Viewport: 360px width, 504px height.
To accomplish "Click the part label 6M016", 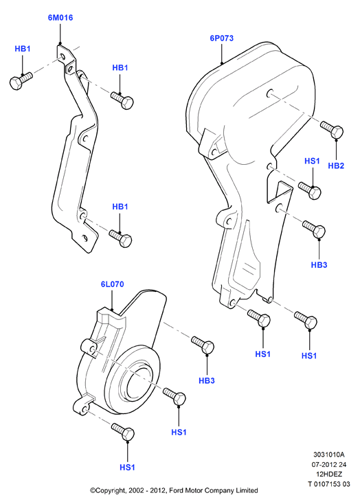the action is point(60,18).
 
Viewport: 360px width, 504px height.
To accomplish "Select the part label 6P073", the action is point(222,38).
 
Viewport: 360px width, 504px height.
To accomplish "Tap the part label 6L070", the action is point(112,284).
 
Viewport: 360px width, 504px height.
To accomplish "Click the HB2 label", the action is point(336,166).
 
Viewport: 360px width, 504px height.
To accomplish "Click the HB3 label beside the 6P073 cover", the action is point(319,265).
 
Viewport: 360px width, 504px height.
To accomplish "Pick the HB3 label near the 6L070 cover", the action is point(207,380).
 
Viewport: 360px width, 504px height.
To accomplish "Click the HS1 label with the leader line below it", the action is point(312,161).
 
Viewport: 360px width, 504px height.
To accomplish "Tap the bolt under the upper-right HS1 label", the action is point(309,190).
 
